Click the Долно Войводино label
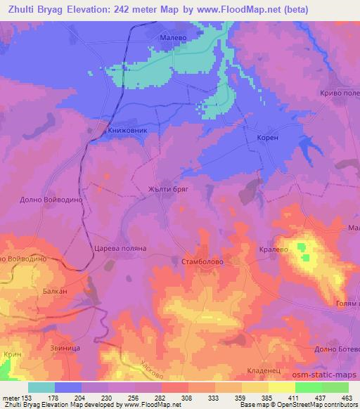[x=42, y=200]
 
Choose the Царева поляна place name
[x=120, y=249]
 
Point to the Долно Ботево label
[x=330, y=348]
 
